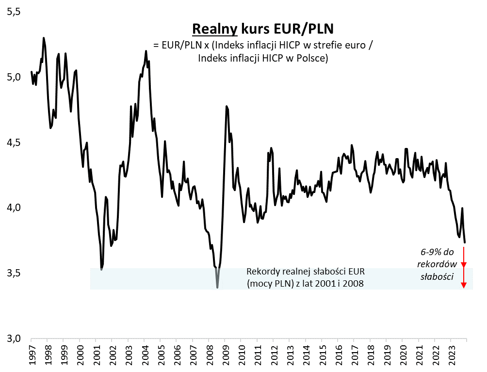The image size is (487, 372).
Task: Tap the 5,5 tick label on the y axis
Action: point(14,12)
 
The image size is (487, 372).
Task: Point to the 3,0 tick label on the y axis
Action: point(14,339)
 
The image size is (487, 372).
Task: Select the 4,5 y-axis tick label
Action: point(14,143)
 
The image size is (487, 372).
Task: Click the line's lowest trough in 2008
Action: point(217,288)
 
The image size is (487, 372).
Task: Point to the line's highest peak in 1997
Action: point(44,38)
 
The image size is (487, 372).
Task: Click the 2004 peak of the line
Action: point(146,51)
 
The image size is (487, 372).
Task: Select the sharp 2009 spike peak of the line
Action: point(226,106)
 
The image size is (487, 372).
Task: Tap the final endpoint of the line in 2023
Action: point(465,243)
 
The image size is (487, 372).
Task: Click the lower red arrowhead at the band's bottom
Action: point(464,285)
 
